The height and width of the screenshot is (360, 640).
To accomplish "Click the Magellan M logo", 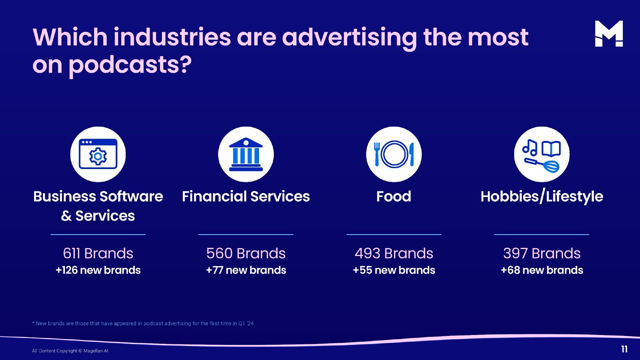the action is click(609, 34).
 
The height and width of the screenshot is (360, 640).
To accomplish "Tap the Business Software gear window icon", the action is click(98, 154).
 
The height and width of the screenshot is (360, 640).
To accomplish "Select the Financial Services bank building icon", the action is click(246, 154).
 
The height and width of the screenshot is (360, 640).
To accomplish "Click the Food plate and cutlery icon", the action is click(394, 154).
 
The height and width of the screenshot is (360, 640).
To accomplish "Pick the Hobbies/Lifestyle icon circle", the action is click(542, 154).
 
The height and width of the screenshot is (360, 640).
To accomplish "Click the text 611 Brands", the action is click(98, 253).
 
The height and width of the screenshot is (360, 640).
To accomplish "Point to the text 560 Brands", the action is click(246, 253).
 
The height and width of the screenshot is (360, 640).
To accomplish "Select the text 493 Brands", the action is click(394, 253).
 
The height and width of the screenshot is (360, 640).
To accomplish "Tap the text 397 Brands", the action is click(542, 253).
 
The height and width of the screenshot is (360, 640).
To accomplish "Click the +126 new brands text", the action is click(98, 270).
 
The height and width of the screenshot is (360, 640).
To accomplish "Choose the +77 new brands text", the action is click(246, 270).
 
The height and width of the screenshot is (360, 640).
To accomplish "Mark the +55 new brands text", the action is click(394, 270).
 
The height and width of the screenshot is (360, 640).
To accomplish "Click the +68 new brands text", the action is click(542, 270).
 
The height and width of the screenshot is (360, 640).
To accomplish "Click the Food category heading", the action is click(394, 197).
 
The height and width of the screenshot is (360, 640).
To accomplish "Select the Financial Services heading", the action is click(246, 197).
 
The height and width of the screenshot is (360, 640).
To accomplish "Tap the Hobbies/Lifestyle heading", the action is click(542, 197).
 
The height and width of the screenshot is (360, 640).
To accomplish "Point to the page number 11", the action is click(624, 349).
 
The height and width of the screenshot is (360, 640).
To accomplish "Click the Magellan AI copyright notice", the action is click(70, 351).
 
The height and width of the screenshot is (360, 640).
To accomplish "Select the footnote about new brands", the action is click(143, 323).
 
